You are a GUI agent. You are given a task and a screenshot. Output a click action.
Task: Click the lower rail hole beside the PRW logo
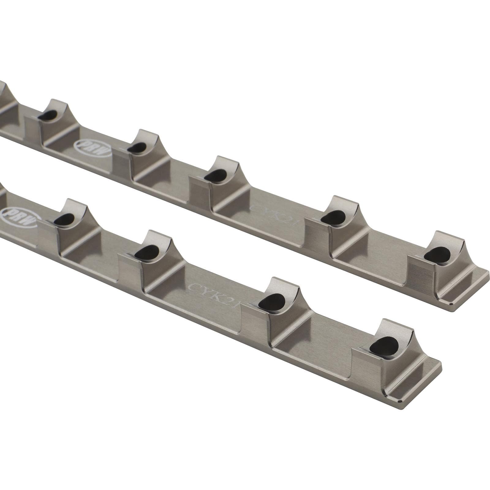[65, 218]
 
